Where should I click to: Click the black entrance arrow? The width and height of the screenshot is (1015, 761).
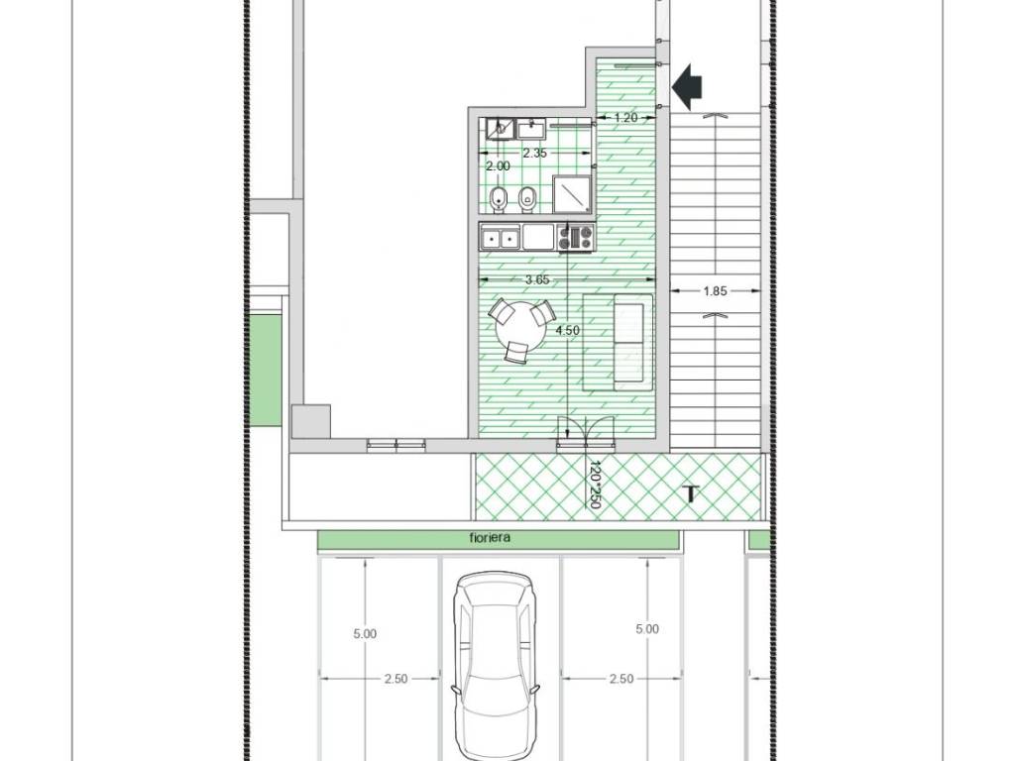click(x=687, y=87)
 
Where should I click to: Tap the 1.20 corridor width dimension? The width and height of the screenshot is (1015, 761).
click(x=625, y=118)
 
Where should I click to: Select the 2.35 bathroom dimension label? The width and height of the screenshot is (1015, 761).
click(x=534, y=154)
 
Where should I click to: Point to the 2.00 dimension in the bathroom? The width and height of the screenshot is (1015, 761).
click(x=498, y=166)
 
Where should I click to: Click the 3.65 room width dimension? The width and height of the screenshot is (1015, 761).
click(x=537, y=279)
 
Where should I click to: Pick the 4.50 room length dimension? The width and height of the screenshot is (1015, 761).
click(x=568, y=330)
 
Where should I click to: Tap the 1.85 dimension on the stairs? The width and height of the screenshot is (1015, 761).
click(x=715, y=291)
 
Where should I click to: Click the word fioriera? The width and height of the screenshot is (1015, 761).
click(x=490, y=538)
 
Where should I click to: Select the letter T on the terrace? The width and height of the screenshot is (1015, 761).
click(x=691, y=494)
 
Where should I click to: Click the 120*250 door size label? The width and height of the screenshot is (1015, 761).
click(x=595, y=484)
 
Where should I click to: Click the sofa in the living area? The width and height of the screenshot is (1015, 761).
click(x=619, y=342)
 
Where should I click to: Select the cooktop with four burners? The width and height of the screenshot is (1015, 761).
click(x=576, y=237)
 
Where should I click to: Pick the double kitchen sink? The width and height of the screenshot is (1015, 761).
click(x=501, y=237)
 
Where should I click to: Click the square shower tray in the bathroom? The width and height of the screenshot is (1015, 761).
click(x=572, y=193)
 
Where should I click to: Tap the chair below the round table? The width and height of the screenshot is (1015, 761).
click(x=516, y=352)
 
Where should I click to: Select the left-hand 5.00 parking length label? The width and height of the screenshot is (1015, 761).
click(x=365, y=634)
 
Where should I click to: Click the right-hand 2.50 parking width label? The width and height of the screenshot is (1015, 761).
click(x=620, y=679)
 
